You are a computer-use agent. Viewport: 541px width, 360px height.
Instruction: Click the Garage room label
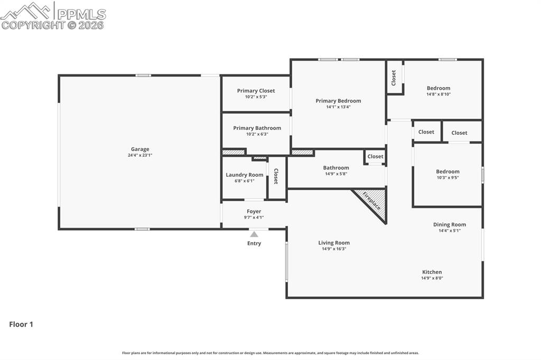tap(140, 149)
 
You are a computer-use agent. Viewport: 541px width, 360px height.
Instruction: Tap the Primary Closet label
tap(256, 91)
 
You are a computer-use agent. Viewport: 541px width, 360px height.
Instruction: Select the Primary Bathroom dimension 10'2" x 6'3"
tap(257, 134)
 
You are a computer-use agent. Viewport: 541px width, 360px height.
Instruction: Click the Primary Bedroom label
tap(338, 101)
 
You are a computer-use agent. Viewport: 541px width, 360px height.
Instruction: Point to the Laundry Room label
tap(244, 175)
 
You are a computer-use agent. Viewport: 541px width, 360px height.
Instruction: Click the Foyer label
tap(254, 211)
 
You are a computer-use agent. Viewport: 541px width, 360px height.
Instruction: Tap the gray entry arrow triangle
tap(254, 234)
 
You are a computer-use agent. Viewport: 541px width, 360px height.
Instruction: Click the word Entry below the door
tap(254, 243)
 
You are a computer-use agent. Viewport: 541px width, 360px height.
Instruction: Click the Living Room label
tap(334, 243)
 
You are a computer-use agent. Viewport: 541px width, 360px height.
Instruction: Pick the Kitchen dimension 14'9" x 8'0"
tap(432, 278)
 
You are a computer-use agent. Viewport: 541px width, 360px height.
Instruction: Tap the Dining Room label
tap(450, 224)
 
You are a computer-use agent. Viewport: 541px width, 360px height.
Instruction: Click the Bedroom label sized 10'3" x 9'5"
tap(447, 172)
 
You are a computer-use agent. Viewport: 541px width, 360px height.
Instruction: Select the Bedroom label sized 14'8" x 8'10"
tap(439, 88)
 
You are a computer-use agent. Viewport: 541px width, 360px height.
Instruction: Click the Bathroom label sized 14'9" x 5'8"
tap(336, 168)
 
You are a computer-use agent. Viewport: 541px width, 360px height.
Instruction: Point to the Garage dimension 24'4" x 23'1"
tap(140, 155)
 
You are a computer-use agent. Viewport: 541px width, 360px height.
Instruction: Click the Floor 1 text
tap(21, 325)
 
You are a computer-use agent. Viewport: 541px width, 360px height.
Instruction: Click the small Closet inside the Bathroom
tap(375, 156)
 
